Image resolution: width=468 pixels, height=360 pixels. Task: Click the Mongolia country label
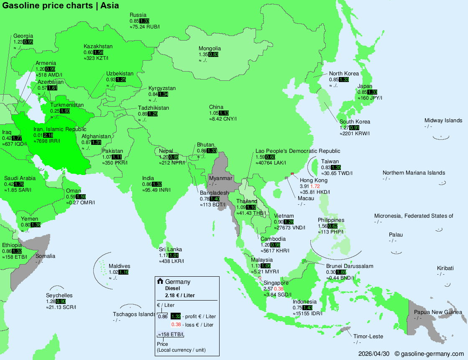(x=210, y=48)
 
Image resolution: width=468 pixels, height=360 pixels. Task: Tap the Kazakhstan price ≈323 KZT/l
(x=96, y=58)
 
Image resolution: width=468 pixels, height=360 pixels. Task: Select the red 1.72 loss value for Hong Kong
(x=315, y=186)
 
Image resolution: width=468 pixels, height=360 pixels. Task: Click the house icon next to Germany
(x=160, y=281)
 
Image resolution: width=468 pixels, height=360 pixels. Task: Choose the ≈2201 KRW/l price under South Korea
(x=354, y=134)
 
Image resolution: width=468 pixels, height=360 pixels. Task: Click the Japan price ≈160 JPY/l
(x=370, y=98)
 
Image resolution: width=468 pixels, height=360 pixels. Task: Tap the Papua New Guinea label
(x=438, y=312)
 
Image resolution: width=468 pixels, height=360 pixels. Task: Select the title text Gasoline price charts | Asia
(x=61, y=5)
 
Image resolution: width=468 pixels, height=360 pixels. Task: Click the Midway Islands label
(x=443, y=120)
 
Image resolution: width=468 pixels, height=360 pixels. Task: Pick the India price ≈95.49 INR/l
(x=156, y=190)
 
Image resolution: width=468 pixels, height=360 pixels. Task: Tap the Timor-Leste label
(x=368, y=336)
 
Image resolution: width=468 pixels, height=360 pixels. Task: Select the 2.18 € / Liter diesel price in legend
(x=180, y=295)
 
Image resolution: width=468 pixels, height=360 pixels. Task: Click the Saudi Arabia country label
(x=20, y=178)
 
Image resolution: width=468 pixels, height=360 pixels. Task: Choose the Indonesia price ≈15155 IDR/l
(x=309, y=314)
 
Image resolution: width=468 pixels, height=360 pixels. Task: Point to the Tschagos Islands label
(x=134, y=314)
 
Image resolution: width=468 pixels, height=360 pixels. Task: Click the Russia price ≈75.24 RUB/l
(x=145, y=26)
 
